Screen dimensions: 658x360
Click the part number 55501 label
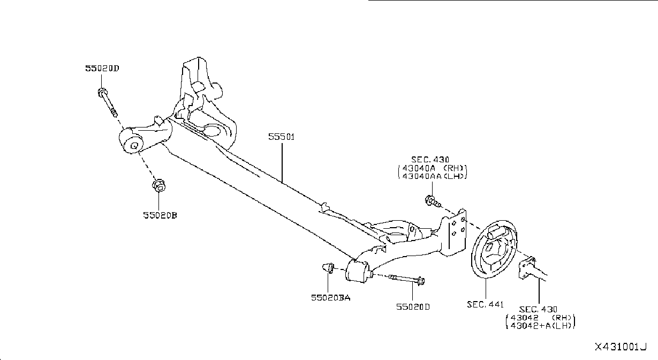281,137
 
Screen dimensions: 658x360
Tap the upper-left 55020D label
102,68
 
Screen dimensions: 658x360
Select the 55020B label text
160,215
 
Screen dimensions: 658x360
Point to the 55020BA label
331,298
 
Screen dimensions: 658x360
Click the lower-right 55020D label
413,307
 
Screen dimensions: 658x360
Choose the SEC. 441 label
485,304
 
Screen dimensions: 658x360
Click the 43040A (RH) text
434,168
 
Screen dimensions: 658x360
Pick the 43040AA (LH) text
434,176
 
